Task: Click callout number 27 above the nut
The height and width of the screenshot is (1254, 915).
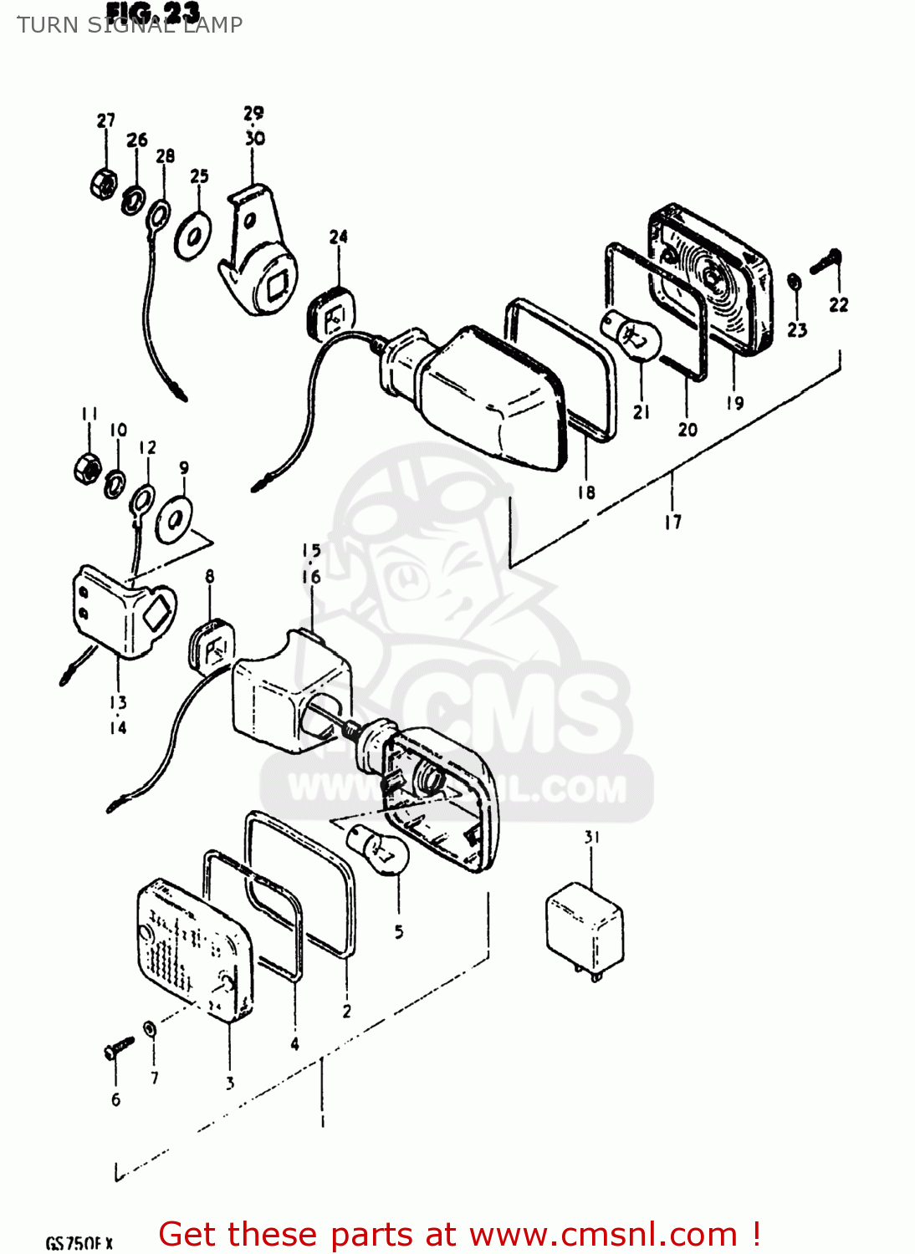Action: click(x=105, y=120)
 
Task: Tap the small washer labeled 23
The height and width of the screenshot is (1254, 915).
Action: click(x=795, y=283)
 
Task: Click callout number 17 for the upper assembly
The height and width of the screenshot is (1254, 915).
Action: click(x=673, y=522)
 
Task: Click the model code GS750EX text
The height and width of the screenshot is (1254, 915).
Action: click(x=79, y=1243)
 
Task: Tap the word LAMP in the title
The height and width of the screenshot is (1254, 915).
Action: click(x=213, y=25)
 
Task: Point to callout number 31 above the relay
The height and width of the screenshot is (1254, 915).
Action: click(x=592, y=837)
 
